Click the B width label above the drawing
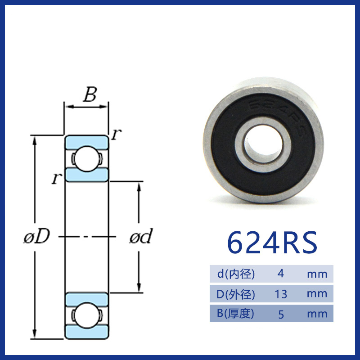pos(90,94)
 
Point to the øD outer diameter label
pos(37,236)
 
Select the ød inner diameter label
pos(141,236)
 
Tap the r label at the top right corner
pos(117,134)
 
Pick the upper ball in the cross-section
pos(86,159)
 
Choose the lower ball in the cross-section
pos(86,315)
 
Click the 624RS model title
pos(272,243)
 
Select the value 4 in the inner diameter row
pos(280,274)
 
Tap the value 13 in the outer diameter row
pos(281,294)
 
